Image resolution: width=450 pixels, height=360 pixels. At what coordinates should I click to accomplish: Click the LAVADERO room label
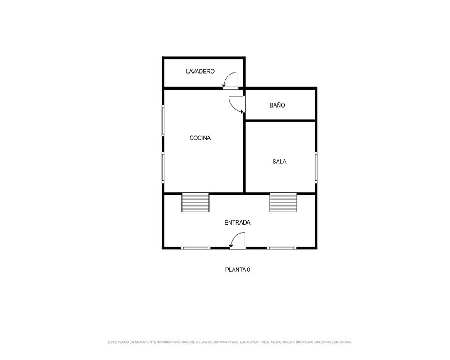(x=200, y=72)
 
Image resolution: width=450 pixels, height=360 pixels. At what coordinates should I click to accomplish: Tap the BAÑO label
(x=277, y=105)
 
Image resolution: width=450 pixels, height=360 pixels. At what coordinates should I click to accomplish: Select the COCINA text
(x=200, y=138)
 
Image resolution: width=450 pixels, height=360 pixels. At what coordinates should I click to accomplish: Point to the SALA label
(x=279, y=162)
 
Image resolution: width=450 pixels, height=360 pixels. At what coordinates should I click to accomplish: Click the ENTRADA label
(x=237, y=222)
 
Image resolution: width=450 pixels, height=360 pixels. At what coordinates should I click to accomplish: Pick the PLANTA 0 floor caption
(x=238, y=270)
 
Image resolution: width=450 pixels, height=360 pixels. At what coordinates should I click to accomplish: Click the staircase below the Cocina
(x=195, y=202)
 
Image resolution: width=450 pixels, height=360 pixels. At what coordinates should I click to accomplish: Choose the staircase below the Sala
(x=283, y=202)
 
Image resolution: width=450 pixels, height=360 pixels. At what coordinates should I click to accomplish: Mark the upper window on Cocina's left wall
(x=163, y=121)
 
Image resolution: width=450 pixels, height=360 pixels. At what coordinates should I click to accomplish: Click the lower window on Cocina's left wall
(x=163, y=168)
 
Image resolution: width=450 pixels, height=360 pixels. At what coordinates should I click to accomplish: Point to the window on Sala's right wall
(x=316, y=167)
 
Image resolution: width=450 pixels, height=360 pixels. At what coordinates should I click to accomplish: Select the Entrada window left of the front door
(x=195, y=248)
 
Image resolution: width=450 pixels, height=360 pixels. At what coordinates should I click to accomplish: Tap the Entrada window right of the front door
(x=282, y=248)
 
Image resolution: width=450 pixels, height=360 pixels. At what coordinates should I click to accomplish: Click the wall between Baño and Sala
(x=280, y=121)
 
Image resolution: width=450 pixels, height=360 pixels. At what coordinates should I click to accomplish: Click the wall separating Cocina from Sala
(x=244, y=157)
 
